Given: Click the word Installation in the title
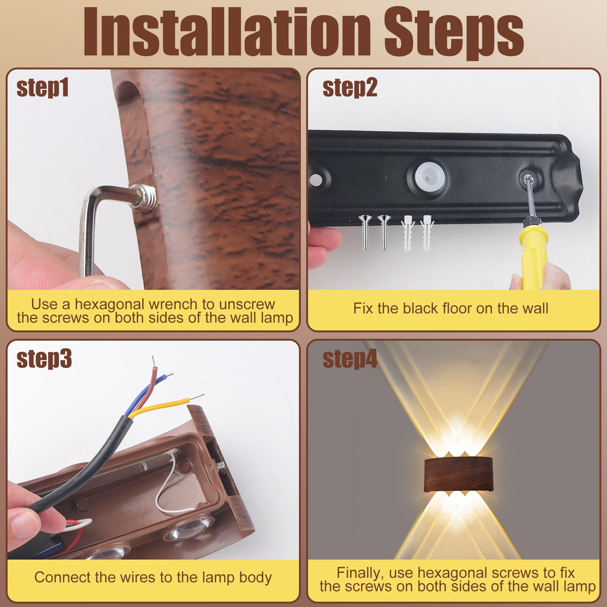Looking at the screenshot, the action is pos(227,32).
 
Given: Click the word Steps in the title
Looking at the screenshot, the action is pos(454,34).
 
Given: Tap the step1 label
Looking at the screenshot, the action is pos(42,88).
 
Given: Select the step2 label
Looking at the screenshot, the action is pos(350,88).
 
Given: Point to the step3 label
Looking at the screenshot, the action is pos(44,359).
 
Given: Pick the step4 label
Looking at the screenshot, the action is pos(350,359).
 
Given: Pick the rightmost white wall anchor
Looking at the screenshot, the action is pos(426,233).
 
